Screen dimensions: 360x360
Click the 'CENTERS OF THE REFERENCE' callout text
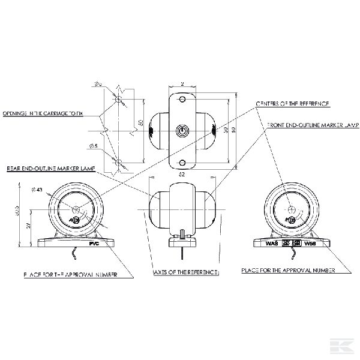[292, 103]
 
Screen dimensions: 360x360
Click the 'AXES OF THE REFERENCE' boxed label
[186, 272]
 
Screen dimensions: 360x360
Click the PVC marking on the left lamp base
[94, 244]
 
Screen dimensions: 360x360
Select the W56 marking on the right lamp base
[310, 244]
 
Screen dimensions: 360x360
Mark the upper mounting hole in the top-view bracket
[182, 97]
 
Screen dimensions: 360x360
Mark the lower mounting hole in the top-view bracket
[182, 163]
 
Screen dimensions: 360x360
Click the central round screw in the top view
[182, 130]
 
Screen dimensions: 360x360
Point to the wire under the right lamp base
[289, 256]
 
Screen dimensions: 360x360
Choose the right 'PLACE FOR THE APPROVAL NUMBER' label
[289, 271]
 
